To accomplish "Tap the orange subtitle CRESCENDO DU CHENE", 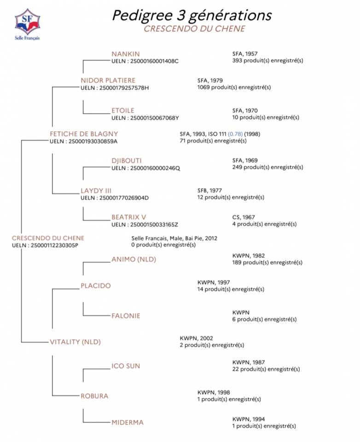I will click(194, 29).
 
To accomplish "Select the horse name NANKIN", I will click(125, 54).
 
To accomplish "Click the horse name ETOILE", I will click(123, 110).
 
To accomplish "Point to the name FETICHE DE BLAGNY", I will click(84, 134).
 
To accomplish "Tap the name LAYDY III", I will click(96, 191).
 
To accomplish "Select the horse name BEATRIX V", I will click(129, 217).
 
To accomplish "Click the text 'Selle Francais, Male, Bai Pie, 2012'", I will click(174, 238).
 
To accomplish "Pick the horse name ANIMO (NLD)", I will click(134, 259).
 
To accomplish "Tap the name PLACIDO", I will click(96, 285).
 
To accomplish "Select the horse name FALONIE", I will click(126, 316).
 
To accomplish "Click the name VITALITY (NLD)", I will click(75, 342).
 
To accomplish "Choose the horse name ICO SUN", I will click(126, 366).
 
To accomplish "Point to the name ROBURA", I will click(94, 395).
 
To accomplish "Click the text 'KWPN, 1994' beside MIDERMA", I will click(249, 419).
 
